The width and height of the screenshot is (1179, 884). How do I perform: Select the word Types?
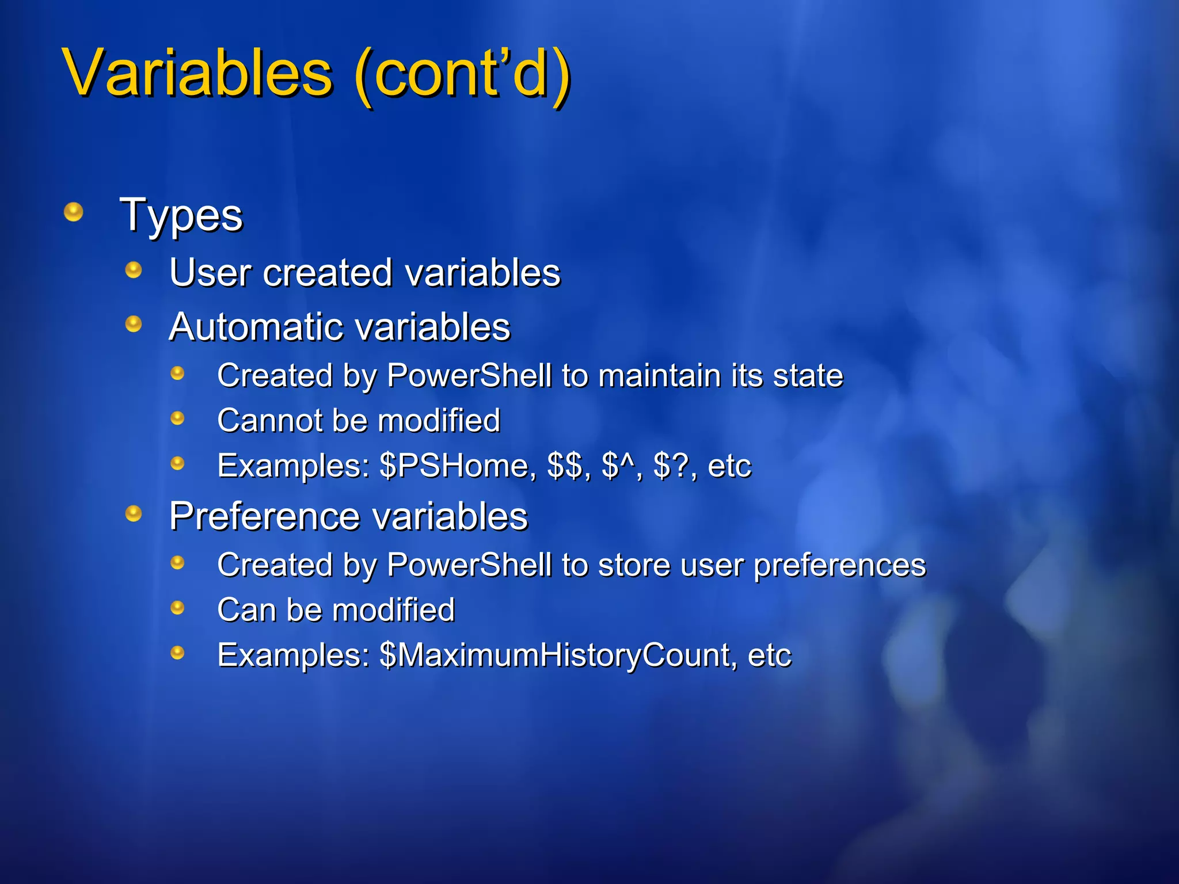181,216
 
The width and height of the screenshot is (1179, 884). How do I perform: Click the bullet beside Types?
73,212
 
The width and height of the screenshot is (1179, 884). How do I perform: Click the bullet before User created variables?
134,269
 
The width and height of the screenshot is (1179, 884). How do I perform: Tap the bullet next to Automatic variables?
134,324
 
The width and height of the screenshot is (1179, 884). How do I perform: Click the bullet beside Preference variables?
134,513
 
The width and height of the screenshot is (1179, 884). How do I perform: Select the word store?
634,565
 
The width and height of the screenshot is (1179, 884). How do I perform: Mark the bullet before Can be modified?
177,607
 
